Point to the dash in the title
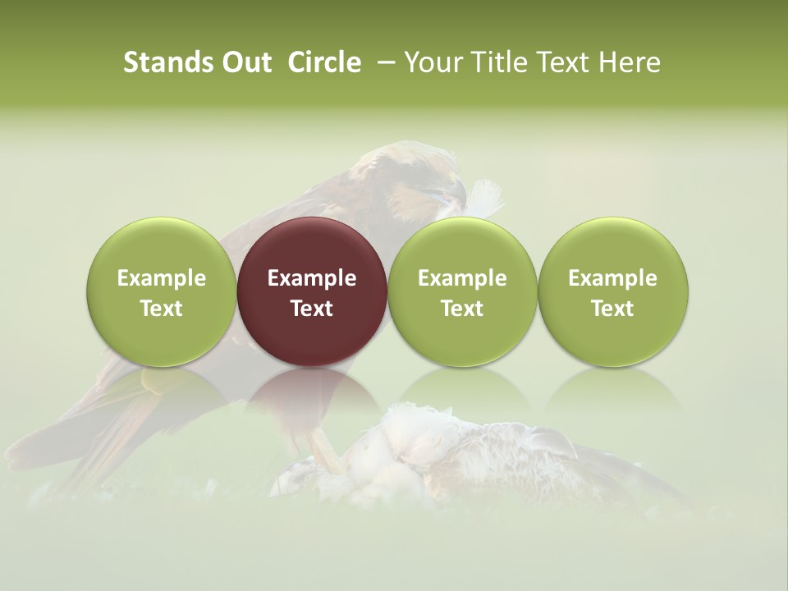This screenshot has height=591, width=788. [x=384, y=62]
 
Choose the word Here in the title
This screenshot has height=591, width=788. [x=630, y=62]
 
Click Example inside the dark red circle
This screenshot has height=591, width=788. [x=312, y=278]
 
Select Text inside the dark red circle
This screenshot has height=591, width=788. [x=312, y=309]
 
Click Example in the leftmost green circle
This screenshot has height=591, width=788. [x=162, y=278]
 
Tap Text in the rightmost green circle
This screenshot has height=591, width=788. [x=612, y=309]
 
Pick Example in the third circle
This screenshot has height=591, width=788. [x=462, y=278]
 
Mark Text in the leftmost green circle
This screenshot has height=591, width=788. [x=162, y=309]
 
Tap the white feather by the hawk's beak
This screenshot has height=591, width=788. [x=485, y=197]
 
